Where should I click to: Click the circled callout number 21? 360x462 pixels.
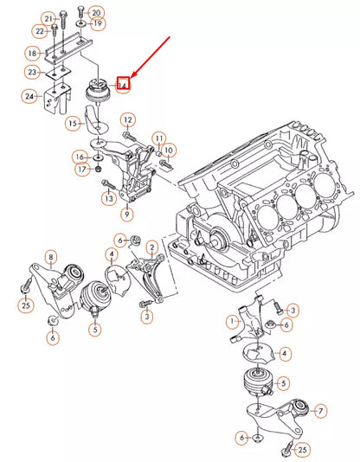(x=48, y=19)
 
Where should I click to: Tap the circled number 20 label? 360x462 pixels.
(x=96, y=13)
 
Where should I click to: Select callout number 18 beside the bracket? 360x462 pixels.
(x=32, y=54)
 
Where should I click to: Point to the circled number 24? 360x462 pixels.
(x=29, y=96)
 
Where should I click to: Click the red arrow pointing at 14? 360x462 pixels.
(x=150, y=57)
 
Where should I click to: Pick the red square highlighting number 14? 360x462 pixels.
(x=123, y=83)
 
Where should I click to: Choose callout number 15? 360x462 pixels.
(x=73, y=123)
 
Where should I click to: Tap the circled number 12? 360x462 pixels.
(x=128, y=120)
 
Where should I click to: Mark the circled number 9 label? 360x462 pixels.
(x=127, y=214)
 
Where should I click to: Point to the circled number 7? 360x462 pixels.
(x=320, y=410)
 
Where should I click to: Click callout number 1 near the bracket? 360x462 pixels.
(x=233, y=322)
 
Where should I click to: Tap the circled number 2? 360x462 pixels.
(x=152, y=247)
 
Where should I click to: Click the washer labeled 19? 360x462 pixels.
(x=80, y=23)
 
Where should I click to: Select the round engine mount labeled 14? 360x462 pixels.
(x=99, y=91)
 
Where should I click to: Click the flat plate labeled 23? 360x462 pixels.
(x=59, y=72)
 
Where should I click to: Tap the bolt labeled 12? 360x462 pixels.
(x=130, y=137)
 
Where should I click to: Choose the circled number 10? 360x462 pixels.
(x=169, y=151)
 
